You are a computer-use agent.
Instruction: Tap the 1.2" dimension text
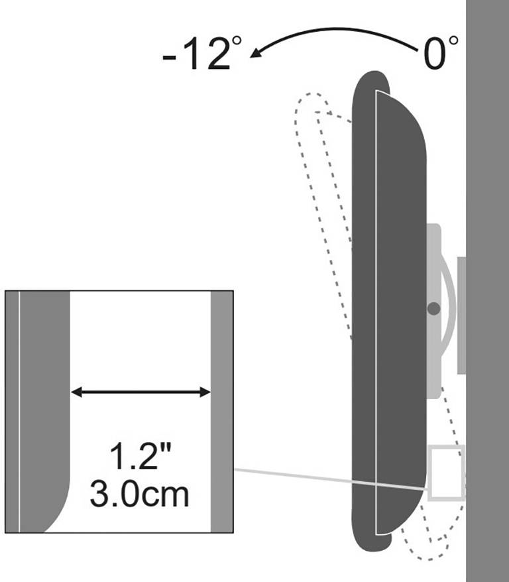tap(141, 455)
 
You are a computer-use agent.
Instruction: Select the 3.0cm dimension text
tap(139, 494)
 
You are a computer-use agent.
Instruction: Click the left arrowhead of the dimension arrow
tap(76, 392)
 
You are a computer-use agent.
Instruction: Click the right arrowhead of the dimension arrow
tap(205, 392)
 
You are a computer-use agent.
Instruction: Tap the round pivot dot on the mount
tap(433, 308)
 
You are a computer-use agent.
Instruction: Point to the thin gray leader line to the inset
tap(331, 480)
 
